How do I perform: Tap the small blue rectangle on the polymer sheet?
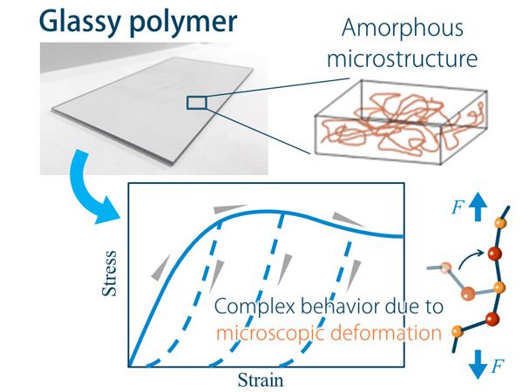coord(197,103)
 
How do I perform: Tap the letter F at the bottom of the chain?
coord(498,366)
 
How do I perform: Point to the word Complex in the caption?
coord(248,307)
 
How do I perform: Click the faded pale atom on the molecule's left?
coord(446,266)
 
